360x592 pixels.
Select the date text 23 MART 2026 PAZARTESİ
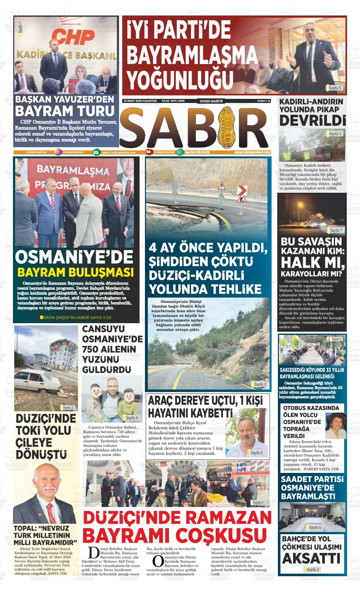coord(140,101)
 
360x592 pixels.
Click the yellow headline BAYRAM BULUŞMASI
coord(75,272)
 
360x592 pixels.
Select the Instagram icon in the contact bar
coord(57,152)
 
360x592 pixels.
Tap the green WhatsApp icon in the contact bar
coord(180,152)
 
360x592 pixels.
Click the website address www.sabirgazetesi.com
coord(252,152)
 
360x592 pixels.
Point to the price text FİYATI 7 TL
coord(264,101)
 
